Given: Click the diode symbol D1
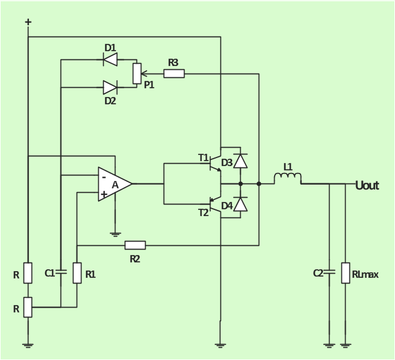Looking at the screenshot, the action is point(110,59).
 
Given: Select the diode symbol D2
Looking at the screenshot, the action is point(110,88).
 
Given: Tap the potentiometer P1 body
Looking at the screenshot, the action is point(137,73).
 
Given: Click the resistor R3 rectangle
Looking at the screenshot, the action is point(174,73).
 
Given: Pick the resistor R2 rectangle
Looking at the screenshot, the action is point(135,245).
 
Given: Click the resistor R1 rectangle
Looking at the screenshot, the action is point(77,273).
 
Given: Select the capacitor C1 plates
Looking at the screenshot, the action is point(60,272).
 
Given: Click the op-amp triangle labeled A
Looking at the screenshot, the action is point(115,184).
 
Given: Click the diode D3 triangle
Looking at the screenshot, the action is point(241,161).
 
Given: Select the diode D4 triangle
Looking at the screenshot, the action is point(241,204).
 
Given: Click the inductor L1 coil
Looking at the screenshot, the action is point(288,178).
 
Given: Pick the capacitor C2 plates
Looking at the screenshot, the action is point(329,272).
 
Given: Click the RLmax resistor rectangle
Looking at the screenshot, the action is point(346,273).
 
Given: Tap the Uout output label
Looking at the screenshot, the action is point(367,185).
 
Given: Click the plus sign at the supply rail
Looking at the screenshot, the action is point(28,22).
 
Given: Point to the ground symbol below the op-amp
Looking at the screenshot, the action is point(115,235).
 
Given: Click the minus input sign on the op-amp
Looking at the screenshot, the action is point(104,177).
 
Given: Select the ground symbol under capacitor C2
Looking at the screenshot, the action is point(329,346).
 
